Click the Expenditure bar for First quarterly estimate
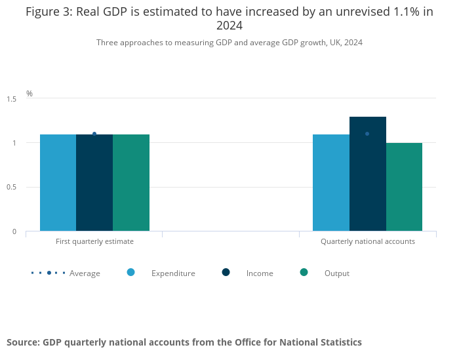click(x=58, y=183)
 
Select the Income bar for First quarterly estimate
click(x=94, y=183)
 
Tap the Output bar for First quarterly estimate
click(x=131, y=183)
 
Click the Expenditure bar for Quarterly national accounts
click(x=330, y=183)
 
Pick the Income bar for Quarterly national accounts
click(x=367, y=174)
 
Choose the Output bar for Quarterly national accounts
click(x=404, y=187)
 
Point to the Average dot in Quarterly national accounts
click(x=367, y=134)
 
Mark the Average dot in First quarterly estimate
click(x=94, y=134)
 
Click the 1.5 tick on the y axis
click(x=12, y=99)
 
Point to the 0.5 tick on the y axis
click(x=12, y=188)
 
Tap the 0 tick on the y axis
click(x=14, y=231)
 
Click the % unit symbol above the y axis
click(x=30, y=94)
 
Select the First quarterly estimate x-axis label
click(x=94, y=241)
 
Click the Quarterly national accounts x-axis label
click(x=367, y=241)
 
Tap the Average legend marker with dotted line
click(x=49, y=273)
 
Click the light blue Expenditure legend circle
click(x=130, y=272)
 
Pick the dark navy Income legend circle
click(x=226, y=272)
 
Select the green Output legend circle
click(x=304, y=272)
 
